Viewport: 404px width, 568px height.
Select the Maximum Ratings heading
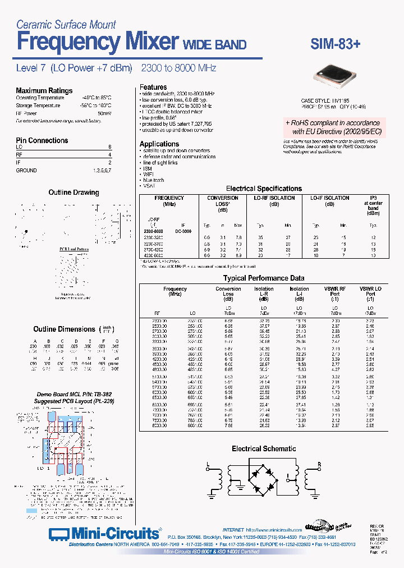coord(44,90)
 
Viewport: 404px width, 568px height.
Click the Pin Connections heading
coord(42,140)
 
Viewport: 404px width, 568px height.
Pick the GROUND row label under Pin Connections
coord(26,170)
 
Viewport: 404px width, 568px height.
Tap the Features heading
coord(153,87)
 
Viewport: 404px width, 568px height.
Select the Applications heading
coord(159,144)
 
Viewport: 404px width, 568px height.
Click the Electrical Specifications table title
coord(264,189)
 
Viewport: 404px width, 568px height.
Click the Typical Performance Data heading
coord(264,278)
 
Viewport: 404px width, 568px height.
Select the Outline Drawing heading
coord(74,193)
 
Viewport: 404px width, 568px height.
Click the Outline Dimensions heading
coord(64,329)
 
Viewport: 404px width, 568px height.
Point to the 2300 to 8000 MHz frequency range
coord(178,68)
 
